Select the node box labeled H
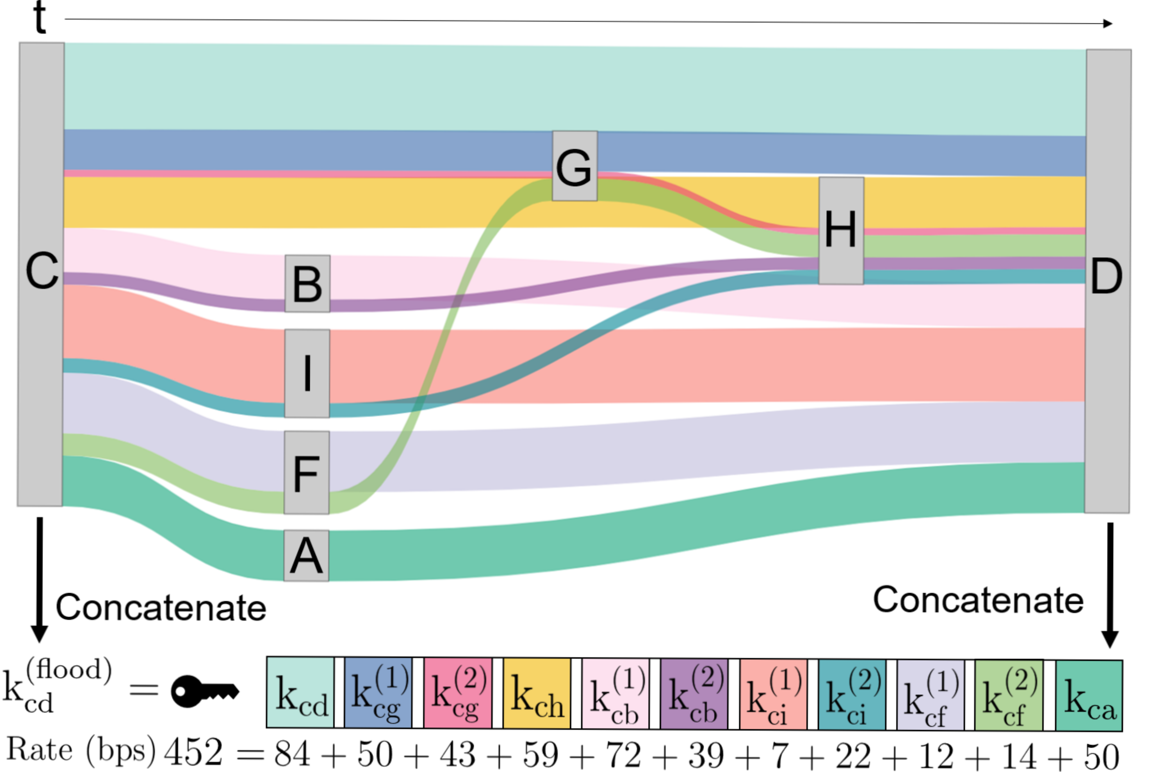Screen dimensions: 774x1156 pyautogui.click(x=841, y=230)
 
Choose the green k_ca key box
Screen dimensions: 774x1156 pyautogui.click(x=1089, y=695)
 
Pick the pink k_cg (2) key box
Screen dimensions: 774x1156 pyautogui.click(x=458, y=693)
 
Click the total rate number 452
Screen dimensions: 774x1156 pyautogui.click(x=193, y=752)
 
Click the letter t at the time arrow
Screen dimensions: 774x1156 pyautogui.click(x=40, y=17)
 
